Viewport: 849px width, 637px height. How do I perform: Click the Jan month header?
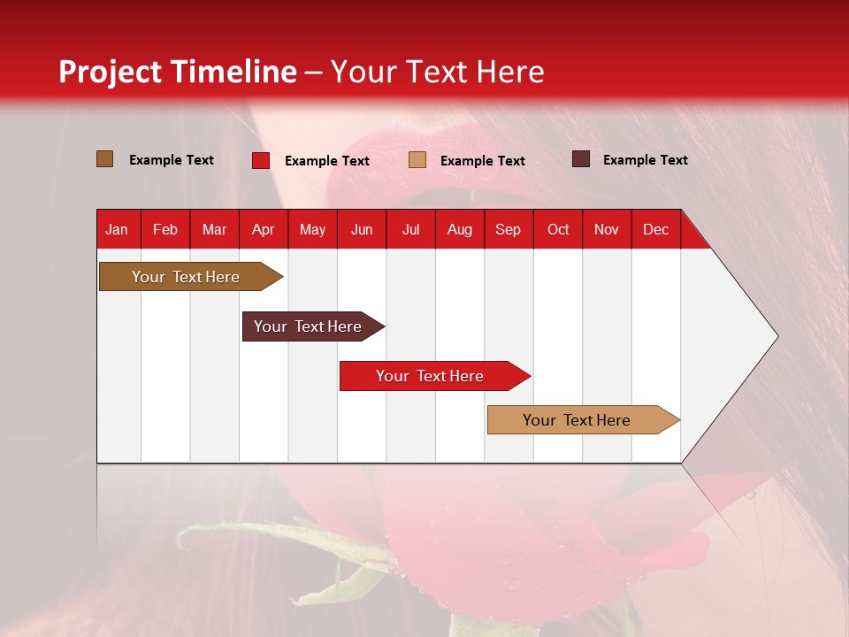[117, 229]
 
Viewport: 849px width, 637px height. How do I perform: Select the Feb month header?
[165, 229]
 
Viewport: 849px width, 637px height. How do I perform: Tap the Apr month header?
[263, 229]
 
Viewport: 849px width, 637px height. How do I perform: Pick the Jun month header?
[362, 229]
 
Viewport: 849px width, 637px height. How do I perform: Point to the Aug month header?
[459, 229]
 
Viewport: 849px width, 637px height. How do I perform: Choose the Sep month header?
[508, 229]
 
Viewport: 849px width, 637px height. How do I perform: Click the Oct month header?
[558, 229]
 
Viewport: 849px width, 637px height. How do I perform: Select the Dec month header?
[655, 229]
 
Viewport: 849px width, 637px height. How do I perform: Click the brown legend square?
[104, 159]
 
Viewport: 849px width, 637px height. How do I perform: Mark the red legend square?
[260, 160]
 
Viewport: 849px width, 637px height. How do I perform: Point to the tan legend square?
[417, 160]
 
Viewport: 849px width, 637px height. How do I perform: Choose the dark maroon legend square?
[580, 159]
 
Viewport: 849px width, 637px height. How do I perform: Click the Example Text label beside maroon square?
[645, 160]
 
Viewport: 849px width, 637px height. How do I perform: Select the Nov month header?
[606, 229]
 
